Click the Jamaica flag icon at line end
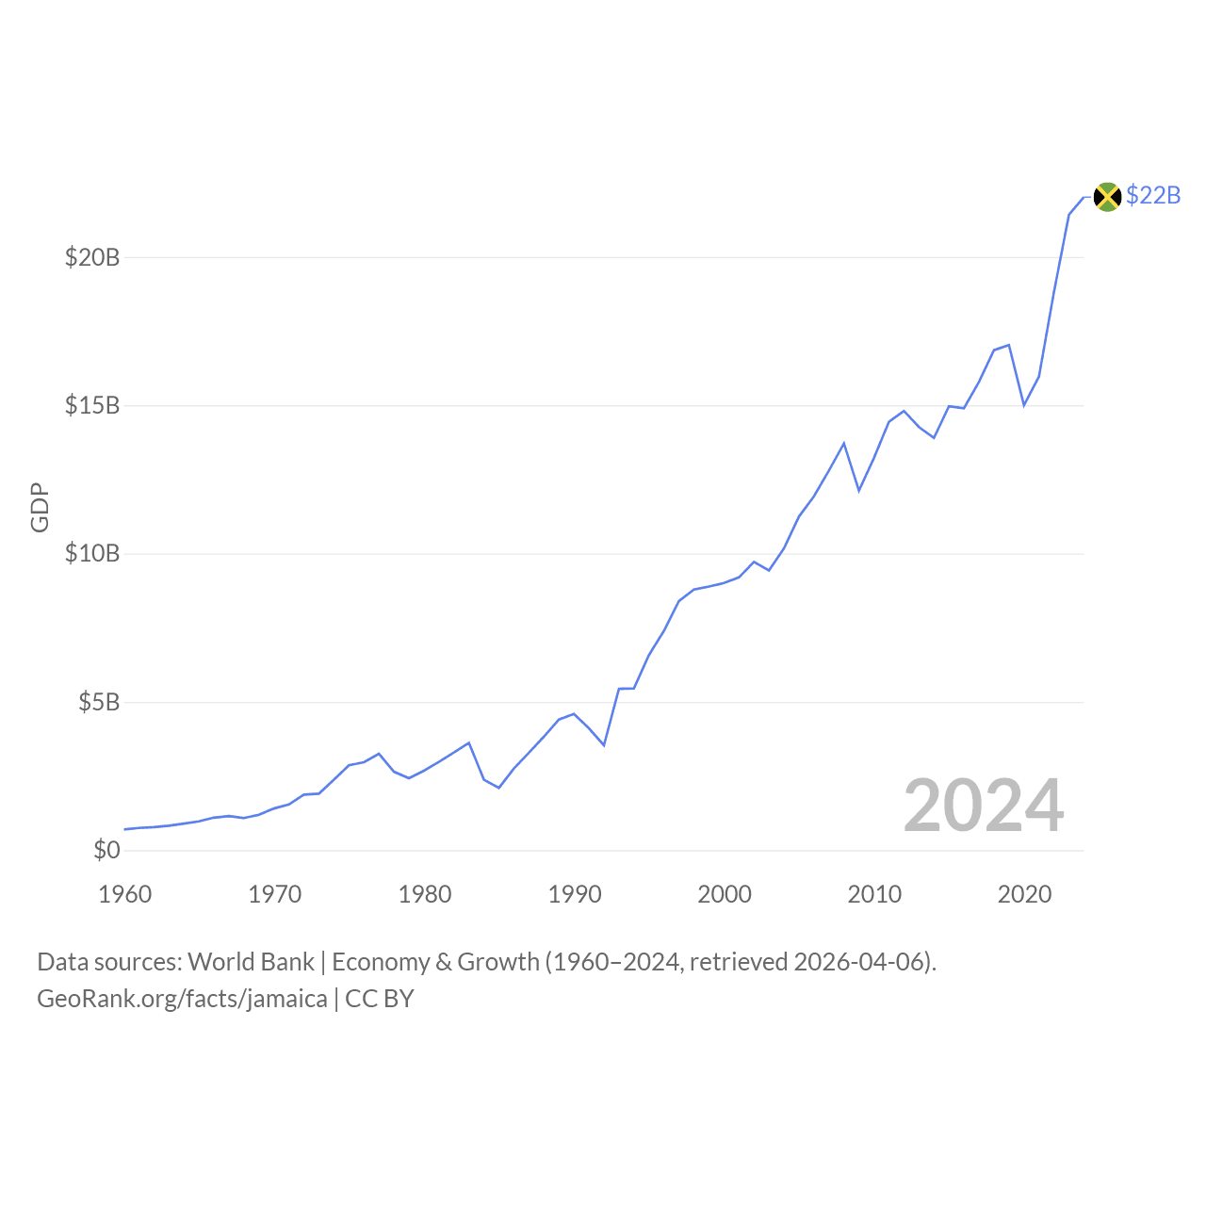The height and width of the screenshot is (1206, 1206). (x=1107, y=197)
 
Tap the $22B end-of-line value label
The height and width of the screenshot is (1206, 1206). (x=1153, y=196)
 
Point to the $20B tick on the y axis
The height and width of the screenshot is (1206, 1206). (x=92, y=257)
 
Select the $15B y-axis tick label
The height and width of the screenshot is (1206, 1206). (x=92, y=406)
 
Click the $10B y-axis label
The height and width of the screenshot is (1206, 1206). (x=92, y=554)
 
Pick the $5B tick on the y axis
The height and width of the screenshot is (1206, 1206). (x=99, y=703)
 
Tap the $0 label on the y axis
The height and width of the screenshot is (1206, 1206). (x=106, y=851)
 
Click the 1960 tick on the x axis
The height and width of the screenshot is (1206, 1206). (x=125, y=894)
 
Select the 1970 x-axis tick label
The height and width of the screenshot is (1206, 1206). (x=275, y=894)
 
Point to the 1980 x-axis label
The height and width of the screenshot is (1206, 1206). (x=425, y=894)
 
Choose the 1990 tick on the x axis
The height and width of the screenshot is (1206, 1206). (x=575, y=894)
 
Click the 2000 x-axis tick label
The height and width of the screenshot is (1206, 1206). (x=725, y=894)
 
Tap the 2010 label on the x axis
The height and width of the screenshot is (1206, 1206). (x=874, y=894)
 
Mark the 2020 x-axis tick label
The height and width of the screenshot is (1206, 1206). (x=1024, y=894)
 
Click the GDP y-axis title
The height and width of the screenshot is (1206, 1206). (x=40, y=508)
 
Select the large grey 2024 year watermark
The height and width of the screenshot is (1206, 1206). (x=984, y=807)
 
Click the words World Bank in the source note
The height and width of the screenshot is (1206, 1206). (x=251, y=962)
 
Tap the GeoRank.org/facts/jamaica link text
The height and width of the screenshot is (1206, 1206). (x=182, y=999)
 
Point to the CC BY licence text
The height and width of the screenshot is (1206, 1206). (x=380, y=999)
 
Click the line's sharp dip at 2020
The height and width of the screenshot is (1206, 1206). (x=1024, y=405)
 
